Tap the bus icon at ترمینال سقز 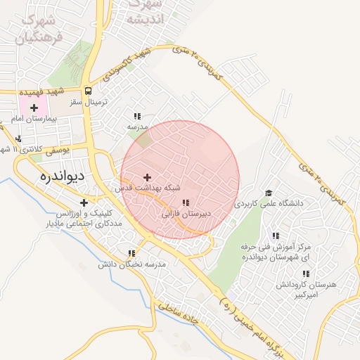pos(88,91)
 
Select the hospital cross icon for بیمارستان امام pos(34,108)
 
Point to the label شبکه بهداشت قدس pos(146,188)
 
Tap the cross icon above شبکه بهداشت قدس pos(147,177)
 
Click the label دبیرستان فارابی pos(186,214)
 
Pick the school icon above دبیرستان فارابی pos(185,202)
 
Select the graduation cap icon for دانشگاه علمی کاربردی pos(268,192)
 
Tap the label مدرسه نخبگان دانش pos(131,264)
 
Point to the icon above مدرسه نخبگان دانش pos(131,253)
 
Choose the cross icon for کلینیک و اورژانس pos(84,202)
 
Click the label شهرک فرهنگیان pos(39,28)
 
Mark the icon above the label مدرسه pos(137,116)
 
